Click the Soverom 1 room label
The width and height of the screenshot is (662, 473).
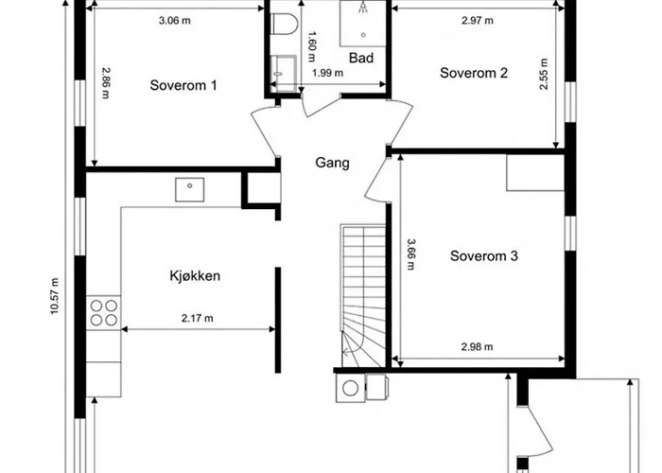(183, 85)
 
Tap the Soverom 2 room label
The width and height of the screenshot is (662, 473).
(475, 74)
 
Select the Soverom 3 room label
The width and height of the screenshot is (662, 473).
(483, 255)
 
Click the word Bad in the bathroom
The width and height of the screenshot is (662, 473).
(361, 58)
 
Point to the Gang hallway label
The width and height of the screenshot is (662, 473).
(332, 163)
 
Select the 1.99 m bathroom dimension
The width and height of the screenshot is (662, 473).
(326, 74)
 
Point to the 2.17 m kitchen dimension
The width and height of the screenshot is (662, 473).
(197, 319)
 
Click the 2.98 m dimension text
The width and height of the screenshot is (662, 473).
(477, 347)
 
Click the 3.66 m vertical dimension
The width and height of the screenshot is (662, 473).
(410, 254)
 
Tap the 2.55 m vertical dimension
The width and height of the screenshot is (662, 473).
(545, 74)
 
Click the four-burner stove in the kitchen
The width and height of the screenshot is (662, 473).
(104, 312)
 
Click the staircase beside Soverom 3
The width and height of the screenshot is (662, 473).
(362, 284)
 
